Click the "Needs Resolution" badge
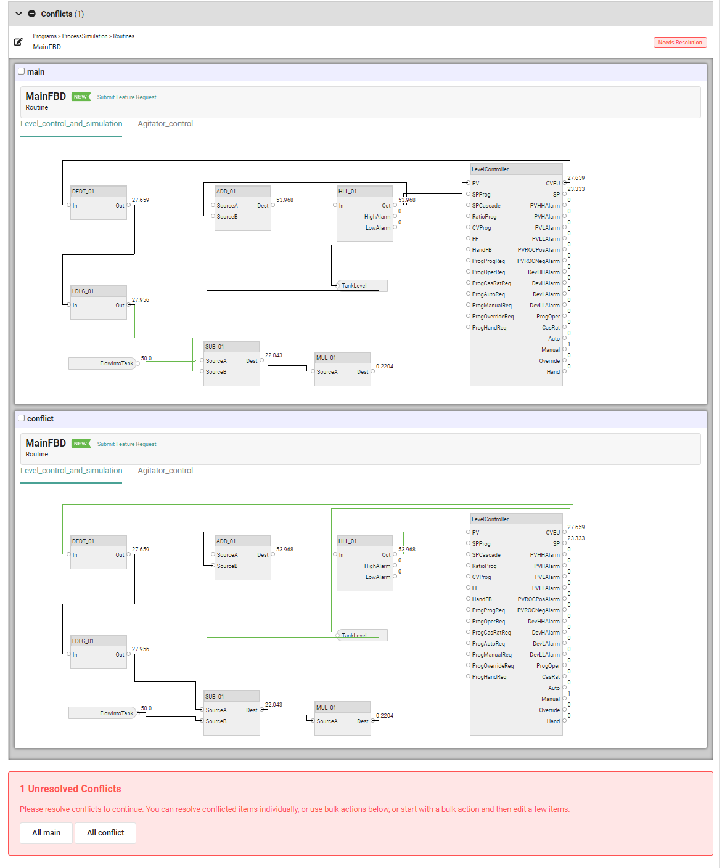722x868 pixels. click(x=679, y=43)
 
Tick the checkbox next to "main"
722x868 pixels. click(x=22, y=71)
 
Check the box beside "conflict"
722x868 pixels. click(x=22, y=418)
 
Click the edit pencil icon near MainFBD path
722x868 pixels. click(x=18, y=42)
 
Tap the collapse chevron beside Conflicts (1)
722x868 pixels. click(x=18, y=14)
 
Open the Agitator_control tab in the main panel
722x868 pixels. click(x=165, y=124)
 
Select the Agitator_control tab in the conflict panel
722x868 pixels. click(x=165, y=471)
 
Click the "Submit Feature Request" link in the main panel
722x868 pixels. click(x=126, y=97)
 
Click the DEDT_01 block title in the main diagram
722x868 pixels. click(x=83, y=192)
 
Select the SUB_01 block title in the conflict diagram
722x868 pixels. click(x=215, y=697)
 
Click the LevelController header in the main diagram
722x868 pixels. click(x=490, y=169)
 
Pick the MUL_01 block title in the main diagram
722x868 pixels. click(x=326, y=358)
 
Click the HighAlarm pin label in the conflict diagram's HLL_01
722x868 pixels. click(x=377, y=566)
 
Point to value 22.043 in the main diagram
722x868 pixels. click(x=273, y=355)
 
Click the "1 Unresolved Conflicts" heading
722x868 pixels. click(x=70, y=789)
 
